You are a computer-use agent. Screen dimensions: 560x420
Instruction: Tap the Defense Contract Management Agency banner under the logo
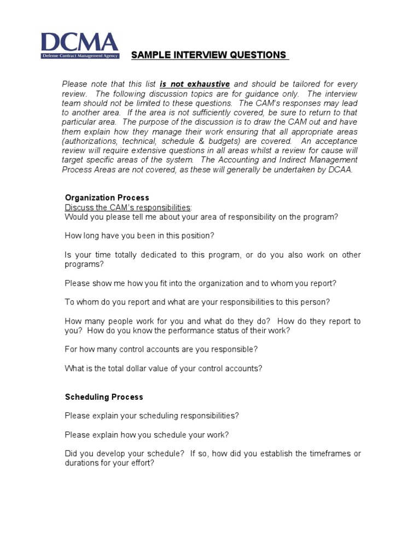pyautogui.click(x=80, y=56)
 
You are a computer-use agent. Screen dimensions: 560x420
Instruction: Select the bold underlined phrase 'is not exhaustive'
pyautogui.click(x=195, y=84)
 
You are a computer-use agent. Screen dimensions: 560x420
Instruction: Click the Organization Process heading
pyautogui.click(x=107, y=197)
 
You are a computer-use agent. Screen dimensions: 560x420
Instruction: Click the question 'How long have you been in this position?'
pyautogui.click(x=139, y=236)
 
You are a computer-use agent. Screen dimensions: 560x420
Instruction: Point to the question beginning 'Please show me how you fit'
pyautogui.click(x=200, y=283)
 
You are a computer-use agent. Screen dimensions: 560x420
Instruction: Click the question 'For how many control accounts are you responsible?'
pyautogui.click(x=161, y=349)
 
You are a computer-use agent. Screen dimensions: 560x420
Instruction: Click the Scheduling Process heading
pyautogui.click(x=104, y=397)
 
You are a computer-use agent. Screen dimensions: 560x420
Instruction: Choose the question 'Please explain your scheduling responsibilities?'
pyautogui.click(x=151, y=416)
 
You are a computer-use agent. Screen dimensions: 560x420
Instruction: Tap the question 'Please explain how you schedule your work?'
pyautogui.click(x=147, y=435)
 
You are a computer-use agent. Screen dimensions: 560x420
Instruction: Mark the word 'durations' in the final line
pyautogui.click(x=81, y=463)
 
